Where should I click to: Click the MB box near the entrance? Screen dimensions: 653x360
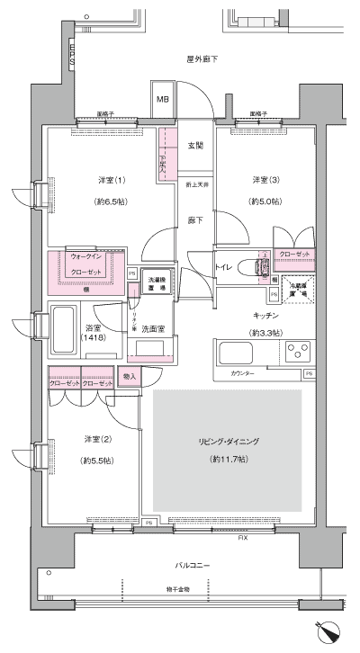coord(164,100)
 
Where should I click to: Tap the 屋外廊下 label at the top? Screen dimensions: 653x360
coord(202,59)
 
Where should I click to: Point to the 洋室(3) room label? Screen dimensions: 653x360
coord(265,179)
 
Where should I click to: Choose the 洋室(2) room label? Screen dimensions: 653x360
coord(98,438)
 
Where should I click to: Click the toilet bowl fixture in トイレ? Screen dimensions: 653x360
coord(261,266)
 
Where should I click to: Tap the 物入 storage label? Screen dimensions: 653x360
coord(129,376)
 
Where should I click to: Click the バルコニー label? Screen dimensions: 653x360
coord(193,566)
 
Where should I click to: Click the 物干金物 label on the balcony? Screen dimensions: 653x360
coord(177,589)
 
